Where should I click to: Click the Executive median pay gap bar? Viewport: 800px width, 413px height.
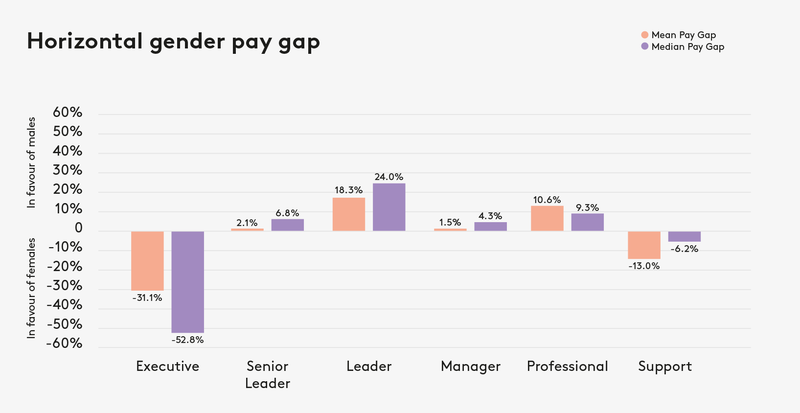tap(187, 282)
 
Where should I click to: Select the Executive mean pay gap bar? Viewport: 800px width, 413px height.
tap(147, 261)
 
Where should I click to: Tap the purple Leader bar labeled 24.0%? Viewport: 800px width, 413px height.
tap(389, 207)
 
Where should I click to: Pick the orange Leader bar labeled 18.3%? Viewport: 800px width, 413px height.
tap(349, 214)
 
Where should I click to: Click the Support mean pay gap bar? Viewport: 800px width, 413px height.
tap(644, 245)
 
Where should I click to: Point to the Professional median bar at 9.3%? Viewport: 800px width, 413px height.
tap(587, 222)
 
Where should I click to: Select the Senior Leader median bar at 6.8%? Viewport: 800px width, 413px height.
tap(288, 225)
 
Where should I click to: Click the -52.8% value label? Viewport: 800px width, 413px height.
tap(187, 340)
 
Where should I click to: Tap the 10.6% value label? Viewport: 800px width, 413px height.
tap(547, 200)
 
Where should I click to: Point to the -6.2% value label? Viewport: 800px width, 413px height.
tap(685, 249)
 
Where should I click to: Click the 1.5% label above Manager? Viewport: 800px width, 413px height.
tap(450, 223)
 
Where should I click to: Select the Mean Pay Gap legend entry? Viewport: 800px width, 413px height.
tap(683, 35)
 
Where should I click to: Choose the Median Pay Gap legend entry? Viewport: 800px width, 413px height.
tap(687, 46)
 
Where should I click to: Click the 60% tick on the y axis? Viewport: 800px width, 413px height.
tap(68, 113)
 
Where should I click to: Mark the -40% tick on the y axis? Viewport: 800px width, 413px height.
tap(65, 305)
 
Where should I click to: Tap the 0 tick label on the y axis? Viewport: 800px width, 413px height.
tap(78, 228)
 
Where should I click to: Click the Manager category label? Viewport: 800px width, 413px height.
tap(471, 367)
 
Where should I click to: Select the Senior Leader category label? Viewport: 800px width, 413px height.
tap(268, 374)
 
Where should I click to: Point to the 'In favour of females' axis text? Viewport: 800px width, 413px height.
tap(32, 288)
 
